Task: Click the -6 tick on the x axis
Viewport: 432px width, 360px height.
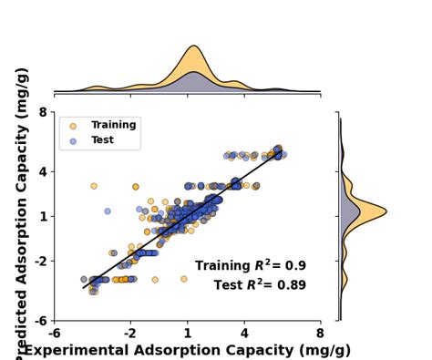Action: (x=55, y=333)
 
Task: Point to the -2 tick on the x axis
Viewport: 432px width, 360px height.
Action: (x=130, y=333)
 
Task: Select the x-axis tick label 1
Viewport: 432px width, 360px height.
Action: (x=187, y=333)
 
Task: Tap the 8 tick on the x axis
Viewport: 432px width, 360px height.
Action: (x=320, y=333)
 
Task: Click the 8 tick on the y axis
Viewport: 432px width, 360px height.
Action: (x=41, y=112)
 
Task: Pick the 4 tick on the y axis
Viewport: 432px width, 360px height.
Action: (x=41, y=171)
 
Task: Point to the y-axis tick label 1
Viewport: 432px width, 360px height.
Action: (x=41, y=216)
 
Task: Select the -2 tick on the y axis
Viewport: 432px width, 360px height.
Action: (x=38, y=261)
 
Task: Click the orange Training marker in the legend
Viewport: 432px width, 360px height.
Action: (x=72, y=126)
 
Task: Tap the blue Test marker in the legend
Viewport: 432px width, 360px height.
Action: (x=72, y=141)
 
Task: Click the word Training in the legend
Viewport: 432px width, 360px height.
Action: (x=113, y=125)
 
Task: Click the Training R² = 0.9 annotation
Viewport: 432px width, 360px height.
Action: (x=250, y=266)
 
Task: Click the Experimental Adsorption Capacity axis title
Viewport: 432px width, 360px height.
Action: (x=187, y=350)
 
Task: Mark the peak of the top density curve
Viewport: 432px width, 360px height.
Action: (x=193, y=46)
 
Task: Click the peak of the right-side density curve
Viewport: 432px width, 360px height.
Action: (x=386, y=212)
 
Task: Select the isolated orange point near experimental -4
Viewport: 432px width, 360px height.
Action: (x=93, y=186)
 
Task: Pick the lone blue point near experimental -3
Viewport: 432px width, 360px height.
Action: (x=108, y=211)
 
